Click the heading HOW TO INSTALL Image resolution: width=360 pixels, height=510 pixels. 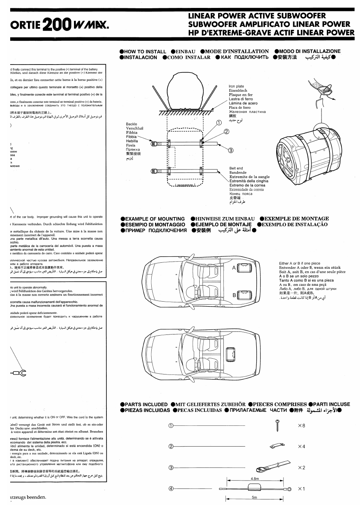145,52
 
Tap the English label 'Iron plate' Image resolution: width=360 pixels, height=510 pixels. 237,86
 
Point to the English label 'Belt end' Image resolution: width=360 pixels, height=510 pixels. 236,168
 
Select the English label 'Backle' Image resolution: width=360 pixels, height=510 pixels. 132,124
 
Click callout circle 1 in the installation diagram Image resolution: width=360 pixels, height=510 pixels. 218,122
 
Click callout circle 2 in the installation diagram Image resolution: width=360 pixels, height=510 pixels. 226,132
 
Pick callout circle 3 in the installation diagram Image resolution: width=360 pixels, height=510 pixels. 231,150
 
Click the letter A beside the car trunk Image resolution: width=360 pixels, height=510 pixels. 234,268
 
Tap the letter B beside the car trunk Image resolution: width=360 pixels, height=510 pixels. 234,295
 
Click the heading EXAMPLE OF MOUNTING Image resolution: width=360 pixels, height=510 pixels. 155,219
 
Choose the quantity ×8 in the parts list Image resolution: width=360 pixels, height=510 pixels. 301,426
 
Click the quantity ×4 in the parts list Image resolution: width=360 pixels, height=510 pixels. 301,447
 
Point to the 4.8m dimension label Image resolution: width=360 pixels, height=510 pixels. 255,479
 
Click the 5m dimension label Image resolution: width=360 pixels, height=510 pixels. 254,498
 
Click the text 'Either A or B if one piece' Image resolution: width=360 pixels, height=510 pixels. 300,263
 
